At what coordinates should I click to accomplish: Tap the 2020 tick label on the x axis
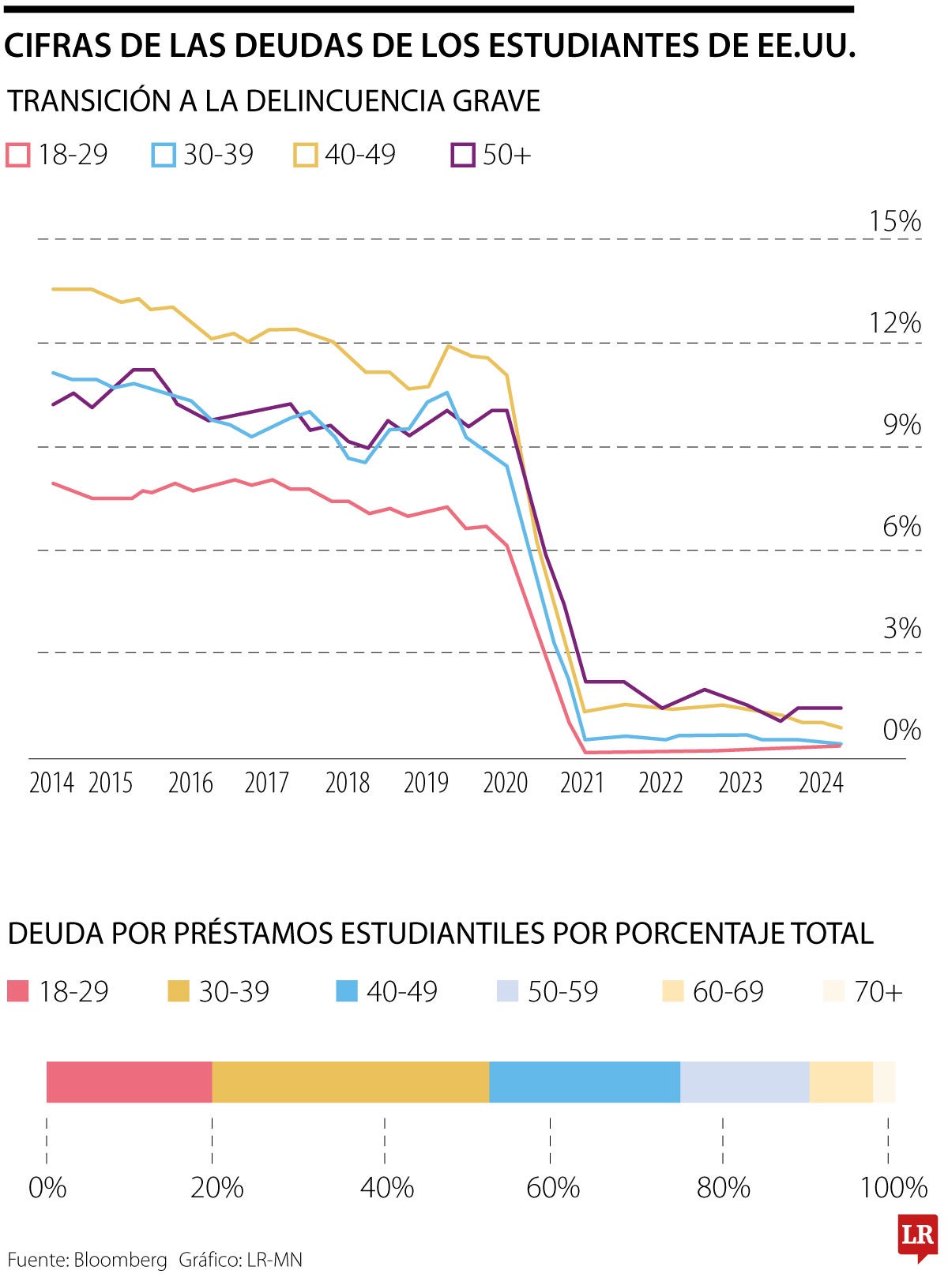(505, 783)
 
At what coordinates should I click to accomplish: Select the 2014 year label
(51, 783)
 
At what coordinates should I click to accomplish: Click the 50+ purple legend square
(462, 155)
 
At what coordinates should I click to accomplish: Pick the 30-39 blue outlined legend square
(164, 155)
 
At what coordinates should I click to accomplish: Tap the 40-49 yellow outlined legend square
(305, 155)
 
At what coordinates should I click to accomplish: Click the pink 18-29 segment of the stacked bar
(129, 1082)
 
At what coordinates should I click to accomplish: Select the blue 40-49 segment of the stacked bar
(584, 1082)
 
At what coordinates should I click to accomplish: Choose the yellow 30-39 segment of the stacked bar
(350, 1082)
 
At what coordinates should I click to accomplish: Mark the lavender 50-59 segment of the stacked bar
(744, 1082)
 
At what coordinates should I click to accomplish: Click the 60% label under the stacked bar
(553, 1187)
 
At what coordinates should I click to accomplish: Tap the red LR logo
(917, 1236)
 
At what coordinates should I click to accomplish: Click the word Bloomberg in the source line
(121, 1260)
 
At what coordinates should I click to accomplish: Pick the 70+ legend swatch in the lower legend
(833, 991)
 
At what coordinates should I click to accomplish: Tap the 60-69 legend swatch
(671, 991)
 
